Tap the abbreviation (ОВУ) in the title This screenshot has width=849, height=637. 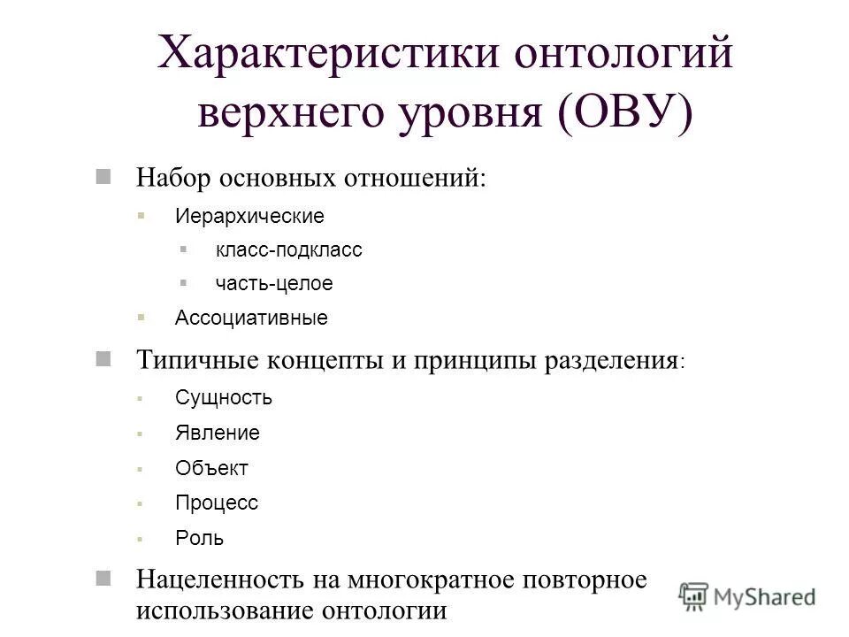tap(625, 116)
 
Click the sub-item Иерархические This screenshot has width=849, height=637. tap(249, 216)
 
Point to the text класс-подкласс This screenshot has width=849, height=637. tap(288, 250)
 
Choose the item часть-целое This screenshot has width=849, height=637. tap(274, 284)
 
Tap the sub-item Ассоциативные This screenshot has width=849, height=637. tap(251, 318)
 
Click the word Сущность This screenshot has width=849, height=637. tap(224, 398)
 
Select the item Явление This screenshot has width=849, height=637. tap(218, 433)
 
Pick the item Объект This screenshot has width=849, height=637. tap(211, 468)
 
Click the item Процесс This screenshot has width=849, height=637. tap(217, 503)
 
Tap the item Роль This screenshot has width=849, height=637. tap(199, 538)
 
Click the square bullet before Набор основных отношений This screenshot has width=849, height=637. tap(104, 175)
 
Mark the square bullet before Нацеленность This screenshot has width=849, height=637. tap(104, 579)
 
